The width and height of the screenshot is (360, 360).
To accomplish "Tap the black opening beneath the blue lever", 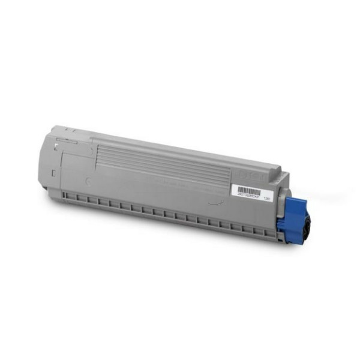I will click(304, 231).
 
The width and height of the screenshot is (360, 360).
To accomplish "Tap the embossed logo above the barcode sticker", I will click(252, 174).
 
